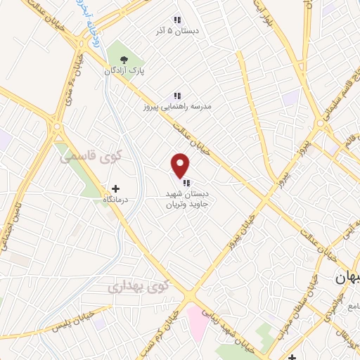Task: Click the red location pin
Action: tap(181, 165)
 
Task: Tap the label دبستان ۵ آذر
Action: tap(179, 32)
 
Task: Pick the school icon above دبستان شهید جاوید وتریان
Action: tap(185, 183)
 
